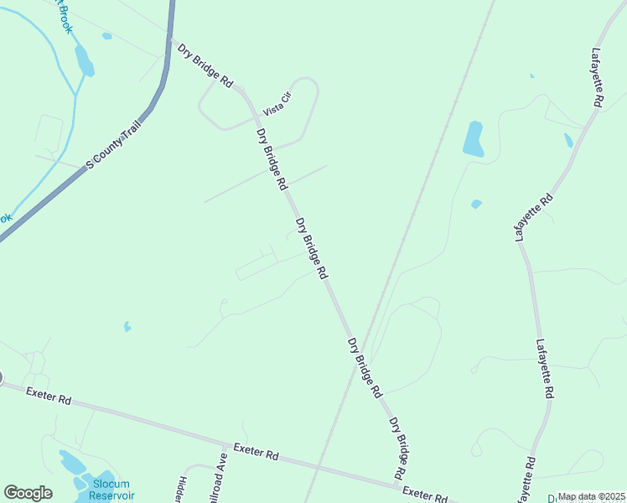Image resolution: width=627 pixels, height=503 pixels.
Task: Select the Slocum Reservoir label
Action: pyautogui.click(x=111, y=490)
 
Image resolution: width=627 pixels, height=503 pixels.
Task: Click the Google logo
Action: pyautogui.click(x=28, y=493)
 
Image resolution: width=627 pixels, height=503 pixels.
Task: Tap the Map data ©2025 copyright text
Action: pyautogui.click(x=591, y=496)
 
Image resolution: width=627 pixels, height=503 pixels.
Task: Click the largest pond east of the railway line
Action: pyautogui.click(x=474, y=138)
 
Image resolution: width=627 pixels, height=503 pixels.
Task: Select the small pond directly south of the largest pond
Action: pyautogui.click(x=476, y=204)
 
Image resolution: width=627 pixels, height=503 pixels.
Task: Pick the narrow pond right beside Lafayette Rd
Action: pyautogui.click(x=568, y=140)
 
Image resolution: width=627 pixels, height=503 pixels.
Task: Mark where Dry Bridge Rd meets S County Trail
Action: pyautogui.click(x=171, y=40)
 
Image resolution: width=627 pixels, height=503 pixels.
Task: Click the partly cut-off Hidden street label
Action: pyautogui.click(x=182, y=490)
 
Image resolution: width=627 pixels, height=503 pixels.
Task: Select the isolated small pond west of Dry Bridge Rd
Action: pyautogui.click(x=127, y=326)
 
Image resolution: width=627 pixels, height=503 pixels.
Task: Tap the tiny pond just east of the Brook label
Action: pyautogui.click(x=106, y=36)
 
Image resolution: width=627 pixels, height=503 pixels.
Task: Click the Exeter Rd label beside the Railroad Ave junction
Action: pyautogui.click(x=256, y=453)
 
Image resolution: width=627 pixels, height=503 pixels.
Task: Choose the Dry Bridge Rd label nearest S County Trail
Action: pyautogui.click(x=205, y=65)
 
